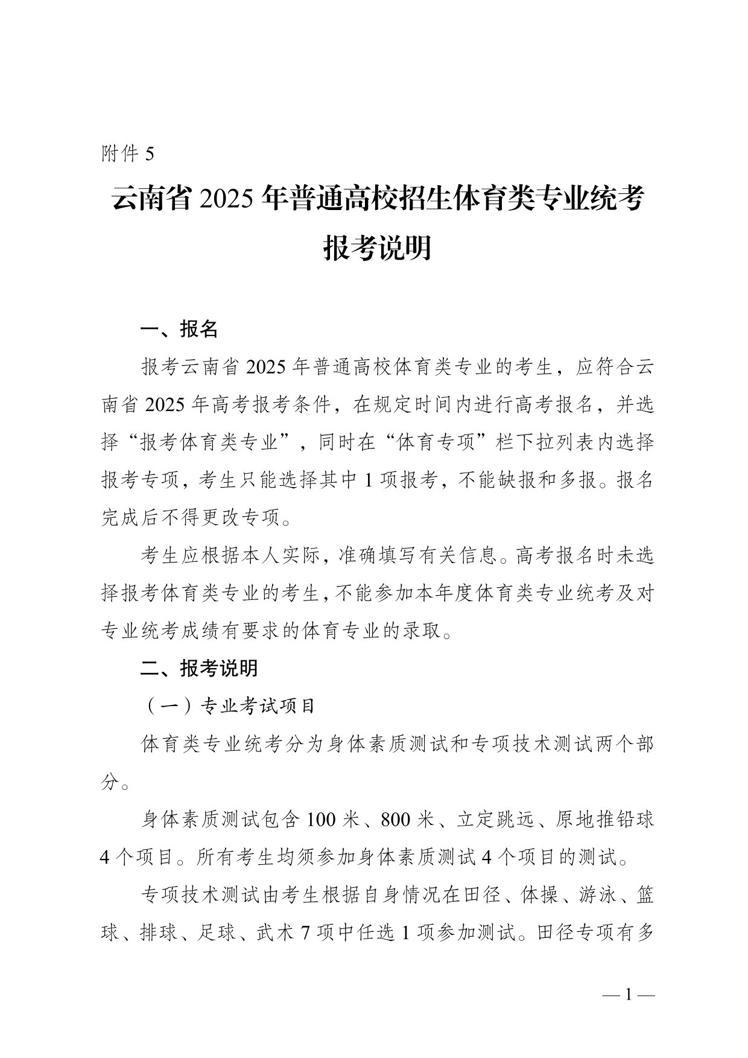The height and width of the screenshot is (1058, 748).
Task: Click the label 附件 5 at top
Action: pos(128,155)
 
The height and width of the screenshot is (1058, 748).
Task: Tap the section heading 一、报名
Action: pos(179,330)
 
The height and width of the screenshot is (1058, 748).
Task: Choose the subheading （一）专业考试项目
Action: pos(229,706)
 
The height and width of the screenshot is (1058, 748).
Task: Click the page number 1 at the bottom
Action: pos(628,994)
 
